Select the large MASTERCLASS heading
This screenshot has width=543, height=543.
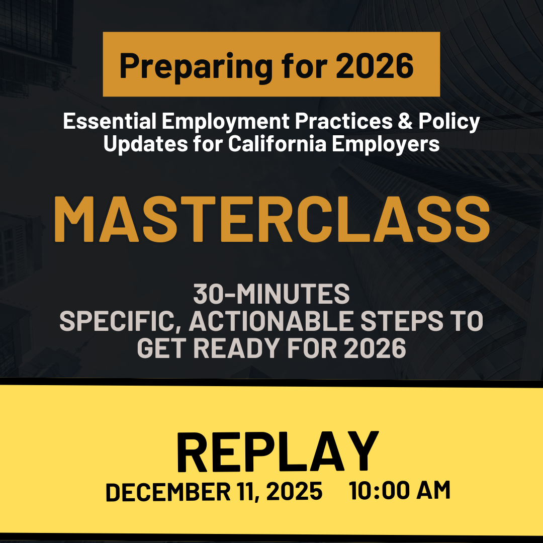271,220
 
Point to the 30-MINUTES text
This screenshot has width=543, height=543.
271,295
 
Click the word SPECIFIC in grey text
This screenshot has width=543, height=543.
120,322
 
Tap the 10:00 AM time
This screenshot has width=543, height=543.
400,491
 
